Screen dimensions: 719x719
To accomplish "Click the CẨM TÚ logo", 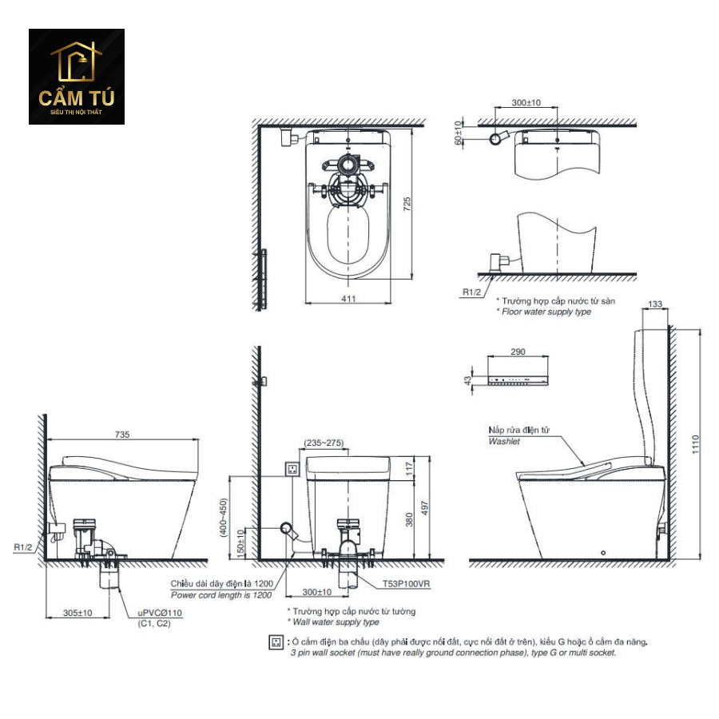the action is [x=77, y=77].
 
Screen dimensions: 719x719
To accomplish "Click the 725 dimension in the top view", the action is [x=407, y=204].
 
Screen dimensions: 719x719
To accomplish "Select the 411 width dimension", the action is [x=348, y=299].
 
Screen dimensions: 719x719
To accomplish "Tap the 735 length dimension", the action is [x=122, y=435].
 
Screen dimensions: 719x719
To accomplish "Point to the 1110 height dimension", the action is [x=696, y=444].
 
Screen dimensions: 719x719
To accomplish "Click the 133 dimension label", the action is [x=655, y=304].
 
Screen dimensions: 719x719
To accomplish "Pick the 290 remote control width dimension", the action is [x=518, y=352].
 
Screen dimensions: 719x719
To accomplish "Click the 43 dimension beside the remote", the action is [x=467, y=380].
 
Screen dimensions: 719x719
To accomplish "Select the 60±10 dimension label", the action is [x=458, y=133].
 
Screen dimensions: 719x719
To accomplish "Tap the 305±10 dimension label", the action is [x=77, y=613].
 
